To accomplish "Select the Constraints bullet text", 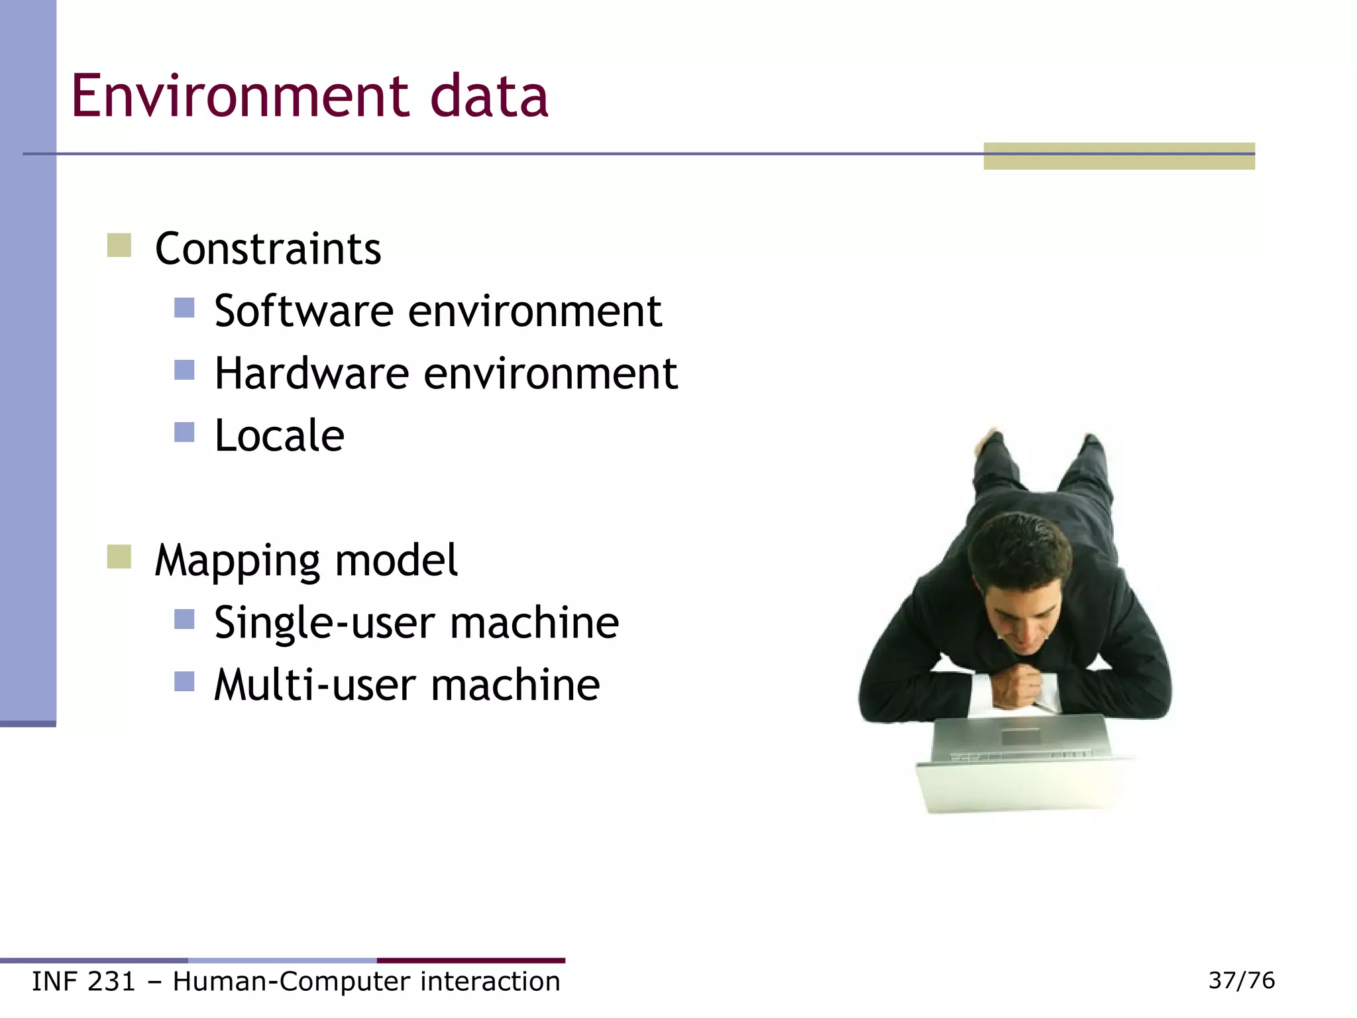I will click(268, 249).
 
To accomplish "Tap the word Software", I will click(304, 311).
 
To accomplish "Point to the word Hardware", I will click(312, 373).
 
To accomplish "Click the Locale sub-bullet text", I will click(279, 436).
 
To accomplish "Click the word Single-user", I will click(325, 623).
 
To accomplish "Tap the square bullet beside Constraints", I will click(119, 245).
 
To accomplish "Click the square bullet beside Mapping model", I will click(119, 557).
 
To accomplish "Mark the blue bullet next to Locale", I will click(184, 432).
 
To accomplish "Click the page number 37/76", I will click(1241, 980).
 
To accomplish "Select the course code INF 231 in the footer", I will click(83, 982).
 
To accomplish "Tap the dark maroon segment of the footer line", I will click(470, 960).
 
